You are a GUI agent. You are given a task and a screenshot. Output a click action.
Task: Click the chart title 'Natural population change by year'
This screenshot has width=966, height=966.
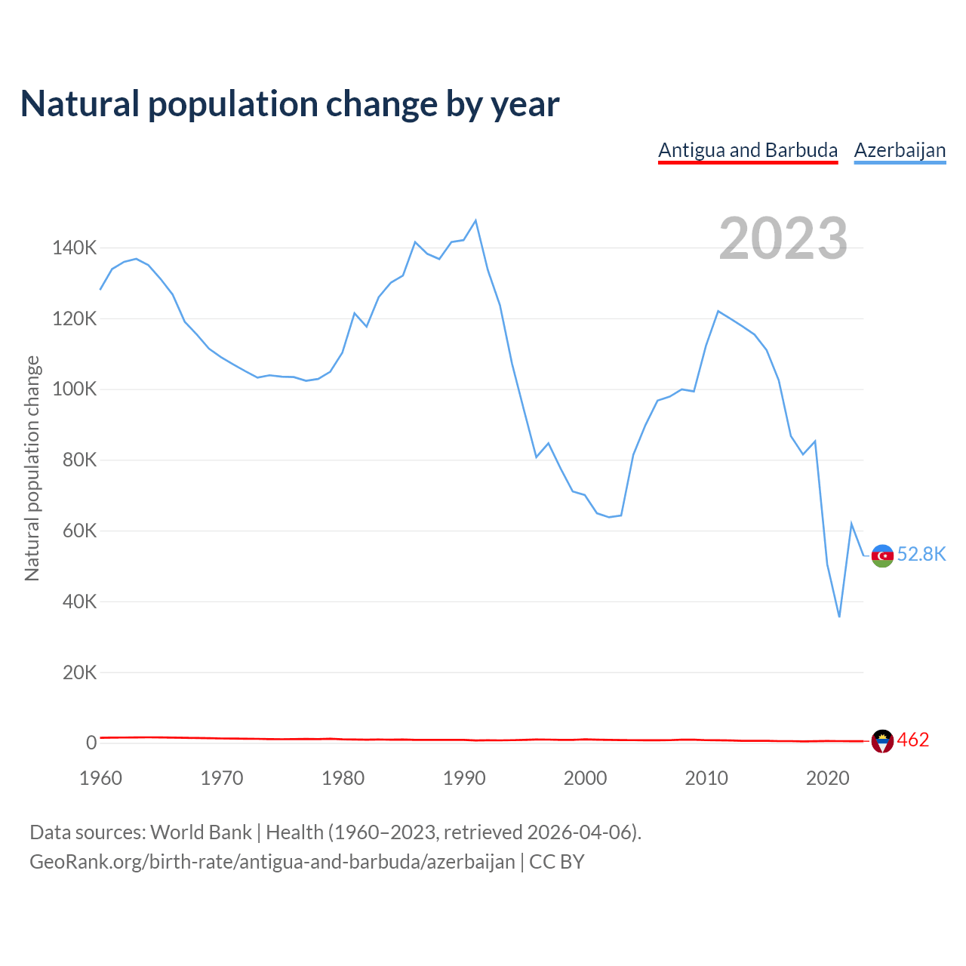290,104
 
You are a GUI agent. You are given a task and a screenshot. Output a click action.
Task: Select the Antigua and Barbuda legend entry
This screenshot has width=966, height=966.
748,150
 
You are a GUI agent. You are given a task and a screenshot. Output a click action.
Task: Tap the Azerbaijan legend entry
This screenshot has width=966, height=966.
900,150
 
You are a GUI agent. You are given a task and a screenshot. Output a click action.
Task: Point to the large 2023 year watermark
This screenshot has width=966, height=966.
783,238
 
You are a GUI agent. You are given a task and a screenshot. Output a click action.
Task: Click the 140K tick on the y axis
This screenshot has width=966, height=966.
75,248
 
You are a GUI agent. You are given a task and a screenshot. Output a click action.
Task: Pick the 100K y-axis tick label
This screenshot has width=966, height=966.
75,389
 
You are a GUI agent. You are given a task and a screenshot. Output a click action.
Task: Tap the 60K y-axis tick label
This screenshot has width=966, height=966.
79,531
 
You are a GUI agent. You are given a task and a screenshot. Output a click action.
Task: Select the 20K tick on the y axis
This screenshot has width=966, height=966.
79,672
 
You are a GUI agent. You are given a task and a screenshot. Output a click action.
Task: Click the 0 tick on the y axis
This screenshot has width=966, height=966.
91,743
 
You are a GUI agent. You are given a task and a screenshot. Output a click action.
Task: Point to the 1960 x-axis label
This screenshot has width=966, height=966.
100,778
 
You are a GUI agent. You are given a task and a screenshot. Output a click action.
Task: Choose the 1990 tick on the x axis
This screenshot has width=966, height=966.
464,778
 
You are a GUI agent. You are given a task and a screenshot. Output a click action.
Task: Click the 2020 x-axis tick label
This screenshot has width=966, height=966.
828,778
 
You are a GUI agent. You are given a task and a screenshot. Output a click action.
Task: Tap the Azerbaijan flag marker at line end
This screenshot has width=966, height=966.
882,555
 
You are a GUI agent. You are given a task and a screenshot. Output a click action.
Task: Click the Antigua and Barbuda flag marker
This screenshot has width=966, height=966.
882,741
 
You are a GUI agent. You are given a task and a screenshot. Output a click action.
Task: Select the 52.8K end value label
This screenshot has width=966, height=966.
921,555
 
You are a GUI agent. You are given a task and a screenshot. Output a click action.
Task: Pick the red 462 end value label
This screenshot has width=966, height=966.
913,740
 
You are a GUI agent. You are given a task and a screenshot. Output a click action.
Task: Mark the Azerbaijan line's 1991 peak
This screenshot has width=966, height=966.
475,220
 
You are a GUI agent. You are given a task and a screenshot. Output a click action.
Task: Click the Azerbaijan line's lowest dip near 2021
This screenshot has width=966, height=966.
839,617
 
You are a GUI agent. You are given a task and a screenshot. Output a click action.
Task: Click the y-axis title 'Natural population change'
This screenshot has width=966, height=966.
32,468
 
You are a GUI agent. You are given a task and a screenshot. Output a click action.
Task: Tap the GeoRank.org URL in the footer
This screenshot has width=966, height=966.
272,862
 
